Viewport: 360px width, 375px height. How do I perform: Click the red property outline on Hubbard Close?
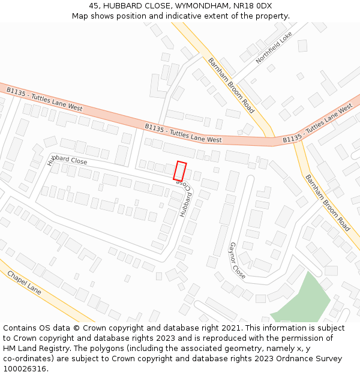(180, 171)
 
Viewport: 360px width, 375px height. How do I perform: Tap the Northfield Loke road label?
(274, 48)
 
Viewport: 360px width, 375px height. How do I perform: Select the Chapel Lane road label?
(24, 282)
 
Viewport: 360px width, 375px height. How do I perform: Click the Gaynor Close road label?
(237, 260)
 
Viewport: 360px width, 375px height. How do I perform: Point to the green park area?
(306, 300)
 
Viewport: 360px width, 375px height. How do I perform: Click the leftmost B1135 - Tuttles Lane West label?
(44, 99)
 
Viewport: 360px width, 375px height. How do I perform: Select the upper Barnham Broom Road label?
(231, 85)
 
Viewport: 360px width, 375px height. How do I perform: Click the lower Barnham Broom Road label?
(328, 203)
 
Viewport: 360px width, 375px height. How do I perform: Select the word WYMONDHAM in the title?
(193, 5)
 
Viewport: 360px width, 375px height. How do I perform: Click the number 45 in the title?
(94, 5)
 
